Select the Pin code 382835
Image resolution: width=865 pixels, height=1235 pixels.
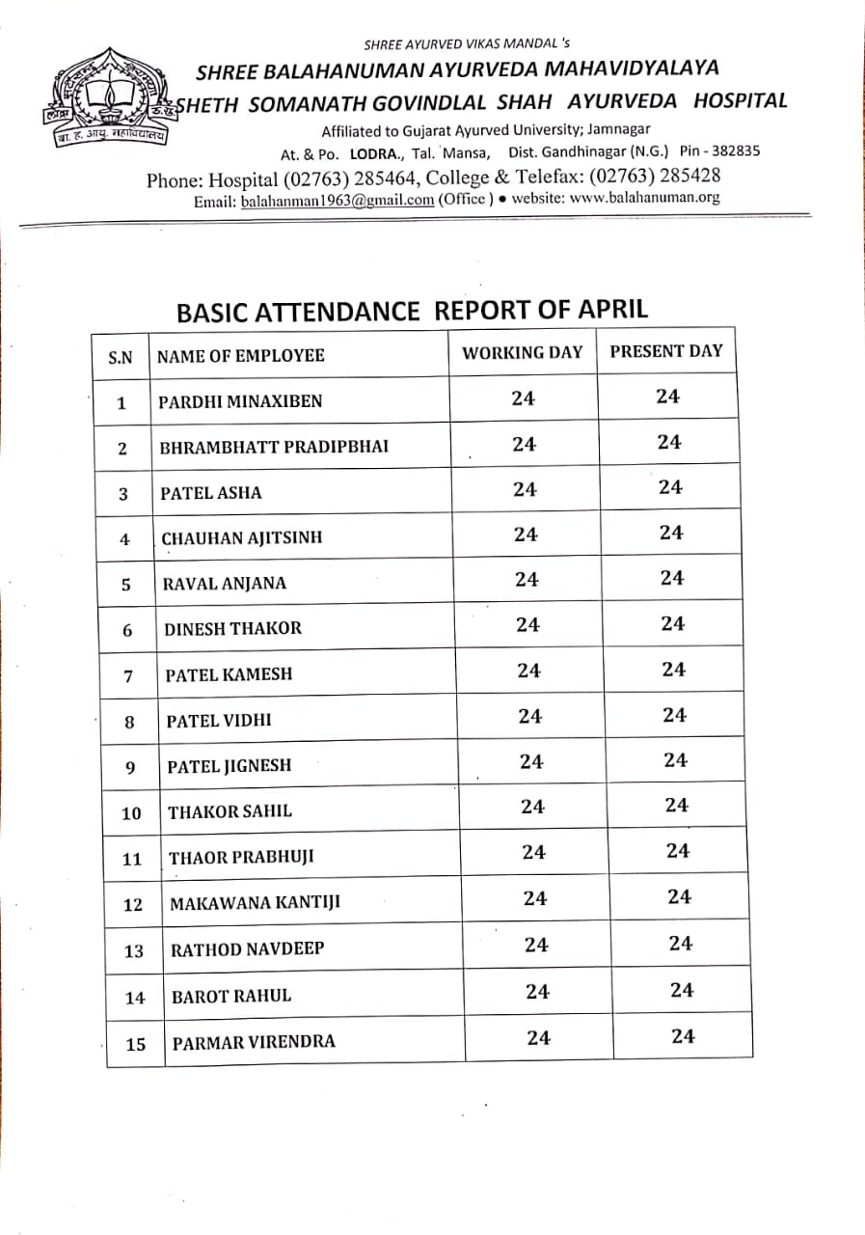point(732,151)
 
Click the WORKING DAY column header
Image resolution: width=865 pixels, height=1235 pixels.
point(522,352)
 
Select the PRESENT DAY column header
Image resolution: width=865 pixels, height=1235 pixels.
point(665,351)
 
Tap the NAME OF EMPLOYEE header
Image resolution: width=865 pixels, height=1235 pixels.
point(240,355)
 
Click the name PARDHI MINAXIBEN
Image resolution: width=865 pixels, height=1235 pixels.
point(240,401)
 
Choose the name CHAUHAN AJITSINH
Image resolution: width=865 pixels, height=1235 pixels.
point(241,537)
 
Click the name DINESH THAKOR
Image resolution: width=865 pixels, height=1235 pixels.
point(232,628)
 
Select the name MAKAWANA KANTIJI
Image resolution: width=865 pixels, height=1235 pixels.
point(255,903)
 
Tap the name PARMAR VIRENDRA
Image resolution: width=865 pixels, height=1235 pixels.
point(254,1042)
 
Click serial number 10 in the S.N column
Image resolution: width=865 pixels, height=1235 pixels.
point(131,813)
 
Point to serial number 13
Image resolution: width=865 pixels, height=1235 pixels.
point(134,951)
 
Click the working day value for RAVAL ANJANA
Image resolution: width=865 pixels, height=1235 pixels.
point(527,580)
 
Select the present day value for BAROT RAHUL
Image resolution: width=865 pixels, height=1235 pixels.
point(682,990)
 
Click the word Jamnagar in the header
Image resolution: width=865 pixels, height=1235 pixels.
point(617,129)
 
